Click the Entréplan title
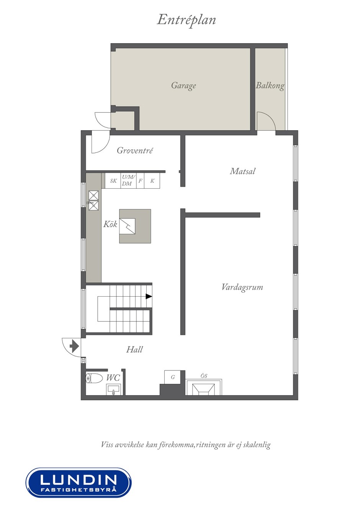[x=186, y=20]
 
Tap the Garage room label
[x=183, y=86]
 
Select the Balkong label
[x=270, y=86]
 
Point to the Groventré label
[x=135, y=150]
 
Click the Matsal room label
[x=242, y=171]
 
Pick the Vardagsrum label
[x=242, y=287]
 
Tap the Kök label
[x=110, y=224]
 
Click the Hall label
[x=134, y=349]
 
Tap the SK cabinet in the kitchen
[x=113, y=181]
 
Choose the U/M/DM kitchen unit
[x=129, y=181]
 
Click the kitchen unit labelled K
[x=152, y=181]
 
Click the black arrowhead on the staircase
[x=149, y=296]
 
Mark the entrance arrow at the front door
[x=74, y=346]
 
